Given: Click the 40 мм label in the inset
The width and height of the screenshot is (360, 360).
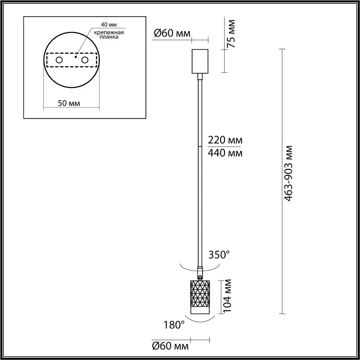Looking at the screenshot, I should tap(109, 24).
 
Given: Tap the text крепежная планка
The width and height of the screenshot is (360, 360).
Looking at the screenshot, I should tap(108, 35).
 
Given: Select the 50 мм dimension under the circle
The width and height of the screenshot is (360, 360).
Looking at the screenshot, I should tap(69, 103).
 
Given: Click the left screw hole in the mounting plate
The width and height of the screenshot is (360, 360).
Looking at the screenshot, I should tap(59, 60).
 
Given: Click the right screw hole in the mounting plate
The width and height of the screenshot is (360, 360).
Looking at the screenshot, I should tap(85, 60).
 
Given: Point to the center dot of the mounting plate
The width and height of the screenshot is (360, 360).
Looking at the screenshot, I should tap(76, 56).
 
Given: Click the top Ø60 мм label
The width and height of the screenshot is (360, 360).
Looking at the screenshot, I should tap(172, 33).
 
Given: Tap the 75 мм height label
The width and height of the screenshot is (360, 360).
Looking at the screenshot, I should tap(230, 33).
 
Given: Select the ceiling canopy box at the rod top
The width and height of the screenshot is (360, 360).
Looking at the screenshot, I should tap(200, 61).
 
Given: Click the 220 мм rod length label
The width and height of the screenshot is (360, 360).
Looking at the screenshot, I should tap(225, 140).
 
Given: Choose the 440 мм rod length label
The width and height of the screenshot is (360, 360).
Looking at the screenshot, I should tap(225, 153).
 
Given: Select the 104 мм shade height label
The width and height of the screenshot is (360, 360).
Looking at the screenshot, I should tap(228, 296).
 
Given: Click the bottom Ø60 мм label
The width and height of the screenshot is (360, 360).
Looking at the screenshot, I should tap(170, 346).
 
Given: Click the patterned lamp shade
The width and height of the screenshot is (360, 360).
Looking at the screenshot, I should tap(200, 297).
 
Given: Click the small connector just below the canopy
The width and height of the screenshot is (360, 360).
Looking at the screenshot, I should tap(200, 77).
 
